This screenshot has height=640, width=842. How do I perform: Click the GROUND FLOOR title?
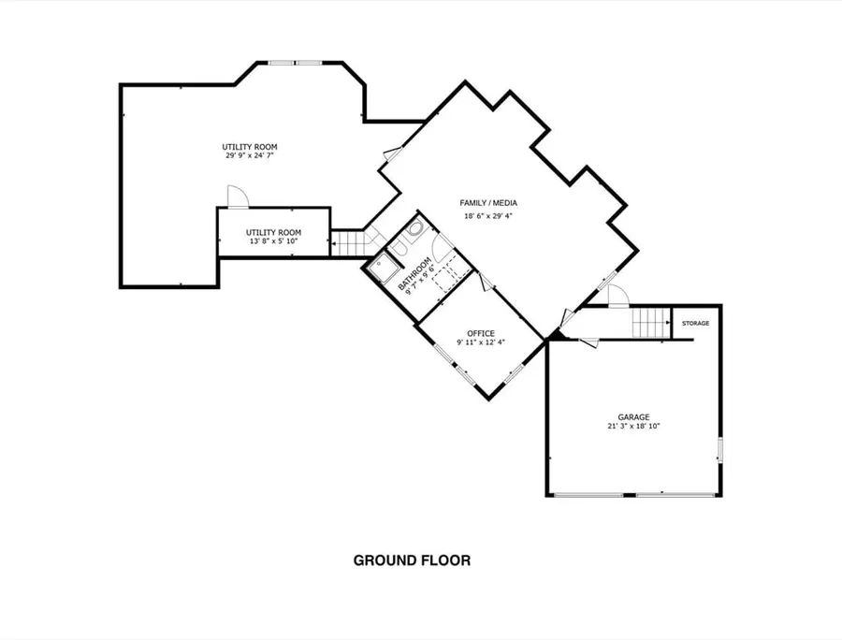(412, 560)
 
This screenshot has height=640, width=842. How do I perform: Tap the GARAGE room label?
(633, 417)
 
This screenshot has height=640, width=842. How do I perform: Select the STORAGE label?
(695, 323)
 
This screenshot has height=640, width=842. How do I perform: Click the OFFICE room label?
(481, 333)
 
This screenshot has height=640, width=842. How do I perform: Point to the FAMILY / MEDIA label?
(488, 203)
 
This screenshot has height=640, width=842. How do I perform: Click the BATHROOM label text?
(414, 274)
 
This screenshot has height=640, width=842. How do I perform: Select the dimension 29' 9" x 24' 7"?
(250, 155)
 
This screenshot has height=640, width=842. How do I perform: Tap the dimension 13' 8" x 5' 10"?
(273, 241)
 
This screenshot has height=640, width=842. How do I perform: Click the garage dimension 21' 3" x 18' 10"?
(633, 427)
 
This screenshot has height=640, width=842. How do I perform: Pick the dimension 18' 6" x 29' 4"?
(488, 216)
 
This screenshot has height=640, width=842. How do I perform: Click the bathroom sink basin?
(415, 231)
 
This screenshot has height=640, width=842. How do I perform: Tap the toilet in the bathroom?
(398, 248)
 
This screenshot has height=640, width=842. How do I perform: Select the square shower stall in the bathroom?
(383, 269)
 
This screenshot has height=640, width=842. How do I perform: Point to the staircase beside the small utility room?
(348, 243)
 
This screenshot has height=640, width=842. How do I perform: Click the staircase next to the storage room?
(651, 322)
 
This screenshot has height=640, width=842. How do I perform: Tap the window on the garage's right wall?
(720, 450)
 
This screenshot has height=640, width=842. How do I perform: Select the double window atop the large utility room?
(296, 63)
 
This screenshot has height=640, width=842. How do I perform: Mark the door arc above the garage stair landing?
(618, 296)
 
